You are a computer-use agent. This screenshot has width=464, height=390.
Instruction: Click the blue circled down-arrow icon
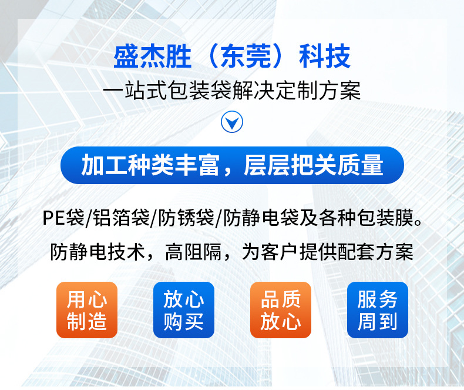pyautogui.click(x=231, y=122)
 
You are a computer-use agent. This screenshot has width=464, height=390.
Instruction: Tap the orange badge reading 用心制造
pyautogui.click(x=87, y=310)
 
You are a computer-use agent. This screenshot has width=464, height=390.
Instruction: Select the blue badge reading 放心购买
pyautogui.click(x=183, y=310)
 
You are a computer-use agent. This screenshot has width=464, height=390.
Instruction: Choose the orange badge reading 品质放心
pyautogui.click(x=281, y=310)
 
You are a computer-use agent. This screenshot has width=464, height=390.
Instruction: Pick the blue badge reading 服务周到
pyautogui.click(x=377, y=310)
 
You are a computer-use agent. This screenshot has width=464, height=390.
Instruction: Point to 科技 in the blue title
pyautogui.click(x=325, y=56)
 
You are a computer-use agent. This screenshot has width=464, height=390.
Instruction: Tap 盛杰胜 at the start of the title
pyautogui.click(x=152, y=56)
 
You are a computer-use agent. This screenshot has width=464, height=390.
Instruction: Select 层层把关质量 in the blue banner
pyautogui.click(x=314, y=165)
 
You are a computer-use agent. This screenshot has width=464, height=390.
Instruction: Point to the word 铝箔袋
pyautogui.click(x=121, y=218)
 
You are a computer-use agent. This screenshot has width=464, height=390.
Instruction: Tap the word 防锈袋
pyautogui.click(x=186, y=218)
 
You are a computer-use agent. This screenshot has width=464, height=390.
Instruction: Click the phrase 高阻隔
pyautogui.click(x=193, y=252)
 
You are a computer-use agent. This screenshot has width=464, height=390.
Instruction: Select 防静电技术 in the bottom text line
pyautogui.click(x=97, y=252)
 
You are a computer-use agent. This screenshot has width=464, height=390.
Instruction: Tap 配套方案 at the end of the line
pyautogui.click(x=375, y=252)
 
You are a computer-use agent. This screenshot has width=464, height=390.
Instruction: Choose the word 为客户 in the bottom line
pyautogui.click(x=270, y=252)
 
